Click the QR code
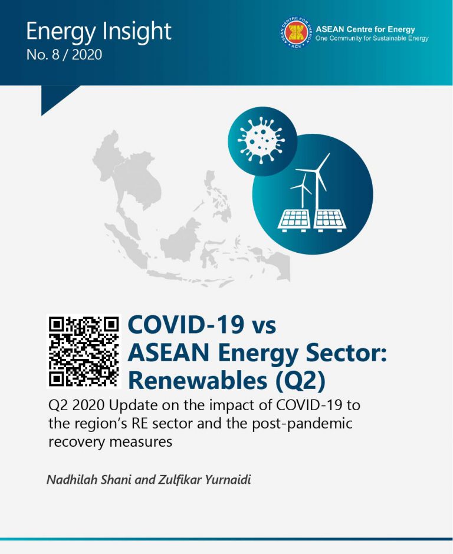point(83,351)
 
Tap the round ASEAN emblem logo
point(296,32)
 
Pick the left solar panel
point(294,220)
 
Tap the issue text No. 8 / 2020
point(64,55)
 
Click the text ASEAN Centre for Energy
point(365,29)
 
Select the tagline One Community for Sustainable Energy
point(372,38)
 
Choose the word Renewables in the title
point(198,381)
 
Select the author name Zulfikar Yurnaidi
point(205,480)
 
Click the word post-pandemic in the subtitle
point(302,424)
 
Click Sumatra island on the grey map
point(127,245)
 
